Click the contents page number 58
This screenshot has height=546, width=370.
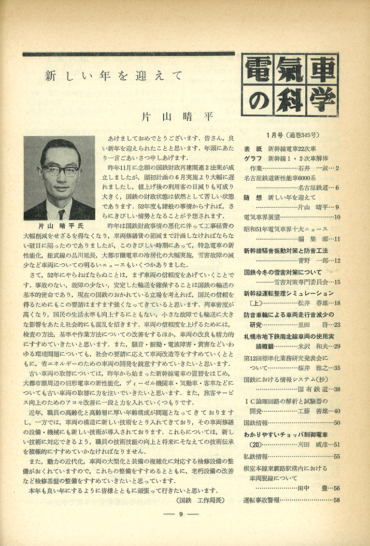coord(337,500)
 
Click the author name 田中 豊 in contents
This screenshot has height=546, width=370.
coord(313,489)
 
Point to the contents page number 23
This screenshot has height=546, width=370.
coord(337,325)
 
